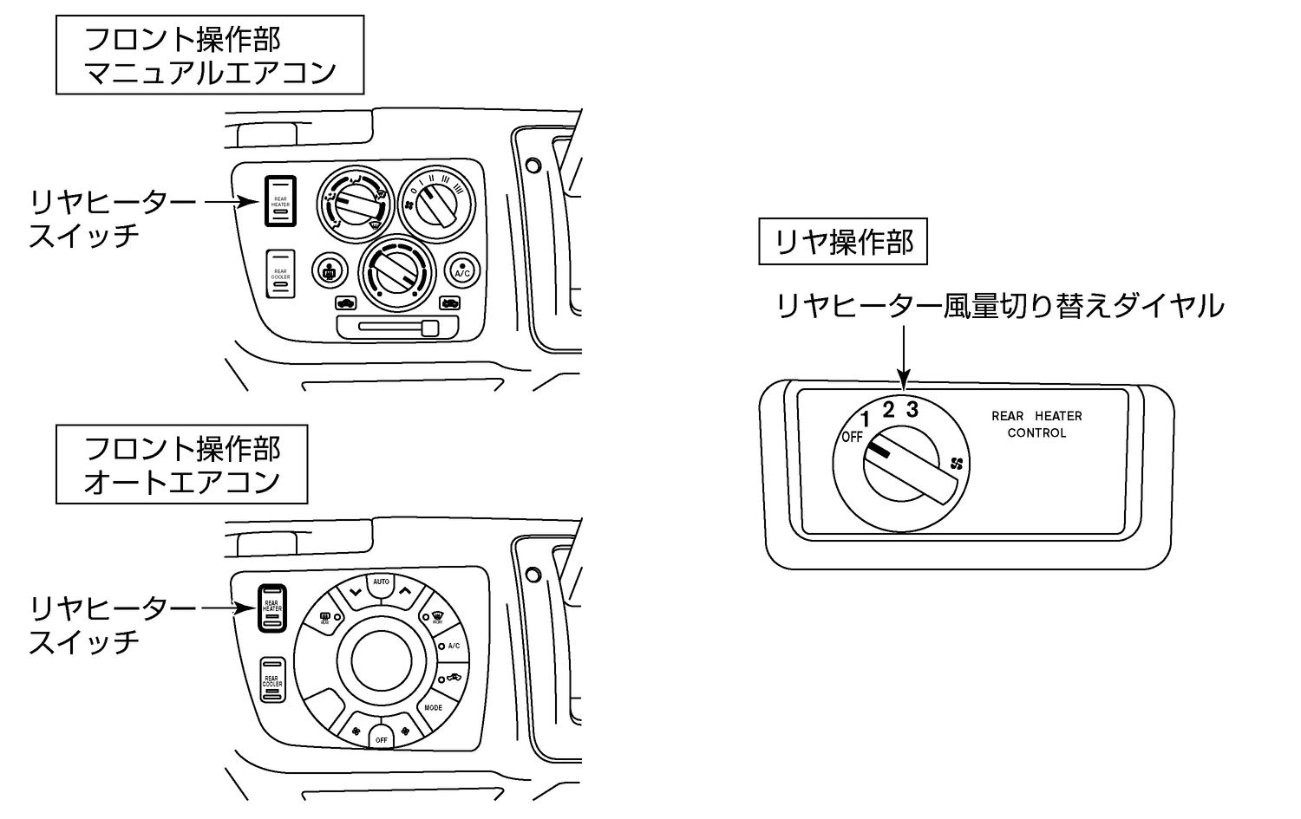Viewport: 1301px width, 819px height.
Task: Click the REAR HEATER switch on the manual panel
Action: point(281,200)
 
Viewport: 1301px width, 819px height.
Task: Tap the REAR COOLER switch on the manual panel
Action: point(280,273)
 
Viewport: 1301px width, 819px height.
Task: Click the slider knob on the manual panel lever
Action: point(429,328)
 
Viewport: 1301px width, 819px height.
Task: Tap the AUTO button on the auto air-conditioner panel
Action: point(381,583)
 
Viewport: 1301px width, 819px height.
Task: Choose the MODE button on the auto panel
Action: point(433,707)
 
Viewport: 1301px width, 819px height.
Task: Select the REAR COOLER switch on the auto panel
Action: point(271,682)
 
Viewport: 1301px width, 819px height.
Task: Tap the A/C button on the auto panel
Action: point(452,647)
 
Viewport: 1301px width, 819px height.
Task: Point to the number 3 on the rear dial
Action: point(912,409)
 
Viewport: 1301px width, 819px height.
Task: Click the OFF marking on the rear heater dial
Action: point(852,437)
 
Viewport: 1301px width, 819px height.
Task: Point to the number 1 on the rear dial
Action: point(865,421)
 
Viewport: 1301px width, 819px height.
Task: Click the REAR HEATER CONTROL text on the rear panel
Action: point(1036,425)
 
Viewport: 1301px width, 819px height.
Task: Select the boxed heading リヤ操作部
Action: point(843,243)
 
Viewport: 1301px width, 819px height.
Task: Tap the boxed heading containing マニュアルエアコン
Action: point(210,55)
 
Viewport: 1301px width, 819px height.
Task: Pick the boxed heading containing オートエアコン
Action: point(182,465)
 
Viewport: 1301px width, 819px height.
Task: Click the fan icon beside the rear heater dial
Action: point(957,464)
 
